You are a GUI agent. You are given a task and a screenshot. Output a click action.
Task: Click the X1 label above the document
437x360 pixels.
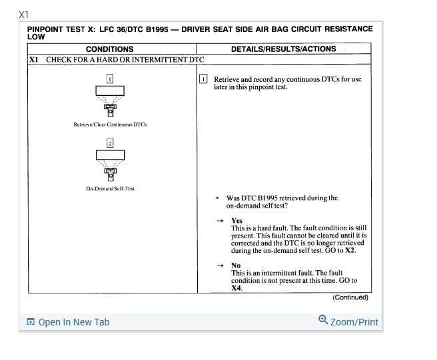[24, 14]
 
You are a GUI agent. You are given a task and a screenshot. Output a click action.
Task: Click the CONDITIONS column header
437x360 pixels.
[109, 49]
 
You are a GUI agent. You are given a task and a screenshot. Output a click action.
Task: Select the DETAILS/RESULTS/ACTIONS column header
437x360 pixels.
[283, 49]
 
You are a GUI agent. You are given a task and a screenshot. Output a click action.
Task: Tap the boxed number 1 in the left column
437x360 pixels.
[110, 79]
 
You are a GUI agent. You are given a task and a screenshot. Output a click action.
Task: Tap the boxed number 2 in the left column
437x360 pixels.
[110, 143]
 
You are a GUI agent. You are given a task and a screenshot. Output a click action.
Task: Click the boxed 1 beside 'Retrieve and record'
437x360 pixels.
[204, 79]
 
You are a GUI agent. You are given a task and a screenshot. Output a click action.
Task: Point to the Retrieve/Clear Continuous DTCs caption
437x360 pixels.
[110, 124]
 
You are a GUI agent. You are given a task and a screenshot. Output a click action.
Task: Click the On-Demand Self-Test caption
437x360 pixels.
[110, 188]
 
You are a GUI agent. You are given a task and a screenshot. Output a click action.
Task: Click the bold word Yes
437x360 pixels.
[236, 220]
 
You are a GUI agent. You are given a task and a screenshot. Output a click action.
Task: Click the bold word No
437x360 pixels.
[236, 266]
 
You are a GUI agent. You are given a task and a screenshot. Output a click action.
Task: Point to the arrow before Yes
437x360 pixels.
[220, 220]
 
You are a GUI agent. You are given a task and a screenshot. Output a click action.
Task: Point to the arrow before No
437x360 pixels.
[220, 266]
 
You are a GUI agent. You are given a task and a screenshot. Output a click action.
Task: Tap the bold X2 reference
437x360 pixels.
[350, 251]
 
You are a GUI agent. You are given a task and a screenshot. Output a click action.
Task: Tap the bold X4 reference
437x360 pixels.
[236, 288]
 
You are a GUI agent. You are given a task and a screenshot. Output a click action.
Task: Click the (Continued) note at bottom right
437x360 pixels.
[350, 297]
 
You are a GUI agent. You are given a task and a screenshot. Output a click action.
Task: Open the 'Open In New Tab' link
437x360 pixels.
[73, 322]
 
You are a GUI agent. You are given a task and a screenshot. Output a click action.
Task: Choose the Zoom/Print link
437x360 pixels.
[354, 322]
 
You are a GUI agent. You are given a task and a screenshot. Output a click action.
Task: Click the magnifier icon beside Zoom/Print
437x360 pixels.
[323, 320]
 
